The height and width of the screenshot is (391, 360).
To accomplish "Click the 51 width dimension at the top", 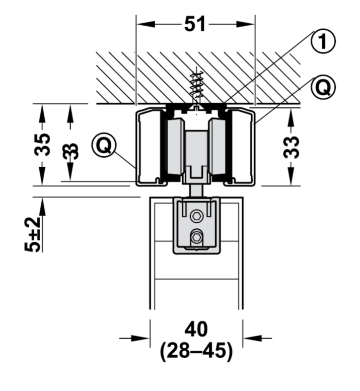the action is point(195,24).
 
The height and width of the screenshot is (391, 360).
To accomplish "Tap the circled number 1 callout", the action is point(323,41).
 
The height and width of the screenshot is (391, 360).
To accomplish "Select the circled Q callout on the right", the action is point(323,87).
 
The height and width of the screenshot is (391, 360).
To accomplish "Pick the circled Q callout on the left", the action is point(104,145).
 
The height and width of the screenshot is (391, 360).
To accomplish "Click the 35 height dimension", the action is point(42,145).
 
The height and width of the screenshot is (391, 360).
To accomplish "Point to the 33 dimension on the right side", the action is point(291,147).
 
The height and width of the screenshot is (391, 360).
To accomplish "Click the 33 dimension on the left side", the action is point(70,151).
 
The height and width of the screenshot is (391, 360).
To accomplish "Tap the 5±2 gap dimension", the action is point(33,234).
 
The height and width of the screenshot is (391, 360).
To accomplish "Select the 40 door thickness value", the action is point(196,329).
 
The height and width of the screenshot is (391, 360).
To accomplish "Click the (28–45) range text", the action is point(196,351).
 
